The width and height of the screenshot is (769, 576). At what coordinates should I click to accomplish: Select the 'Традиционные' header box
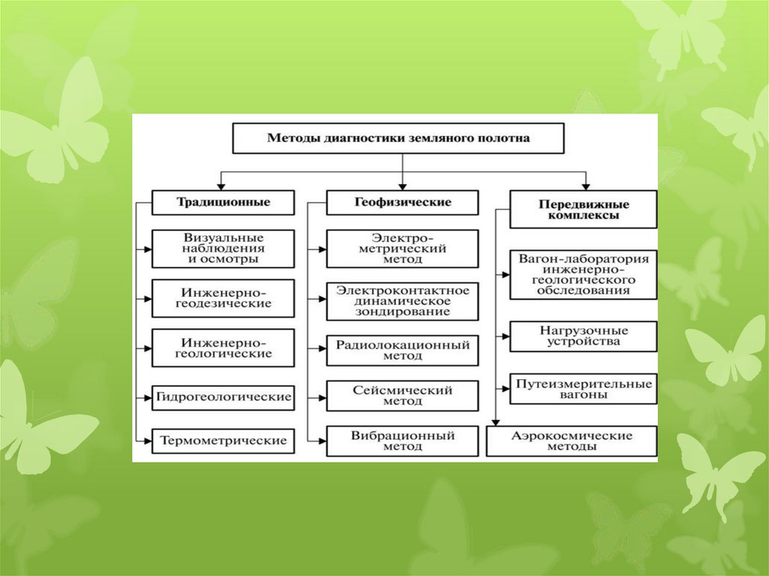pyautogui.click(x=223, y=203)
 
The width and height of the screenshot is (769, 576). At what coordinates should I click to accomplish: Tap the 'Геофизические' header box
pyautogui.click(x=403, y=203)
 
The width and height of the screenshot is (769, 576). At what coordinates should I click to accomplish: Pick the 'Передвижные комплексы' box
pyautogui.click(x=584, y=209)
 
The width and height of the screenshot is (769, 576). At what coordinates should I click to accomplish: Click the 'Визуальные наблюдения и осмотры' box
pyautogui.click(x=223, y=248)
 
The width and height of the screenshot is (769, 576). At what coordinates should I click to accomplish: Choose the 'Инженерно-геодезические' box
pyautogui.click(x=223, y=297)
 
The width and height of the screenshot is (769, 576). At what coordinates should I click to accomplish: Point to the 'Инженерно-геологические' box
pyautogui.click(x=223, y=347)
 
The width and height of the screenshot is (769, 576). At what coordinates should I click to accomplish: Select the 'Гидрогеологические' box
pyautogui.click(x=223, y=397)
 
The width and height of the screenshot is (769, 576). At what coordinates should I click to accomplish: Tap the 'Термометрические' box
pyautogui.click(x=223, y=441)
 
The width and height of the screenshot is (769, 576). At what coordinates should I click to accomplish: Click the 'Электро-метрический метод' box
pyautogui.click(x=403, y=249)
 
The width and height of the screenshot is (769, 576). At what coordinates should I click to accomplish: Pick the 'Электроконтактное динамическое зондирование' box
pyautogui.click(x=403, y=300)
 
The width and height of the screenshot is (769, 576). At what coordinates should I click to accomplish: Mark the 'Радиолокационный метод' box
pyautogui.click(x=403, y=351)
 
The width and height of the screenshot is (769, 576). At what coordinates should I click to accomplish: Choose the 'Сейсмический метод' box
pyautogui.click(x=403, y=396)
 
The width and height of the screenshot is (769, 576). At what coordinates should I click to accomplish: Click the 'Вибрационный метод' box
pyautogui.click(x=403, y=441)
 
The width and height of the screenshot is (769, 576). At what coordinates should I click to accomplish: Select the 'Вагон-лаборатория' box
pyautogui.click(x=584, y=274)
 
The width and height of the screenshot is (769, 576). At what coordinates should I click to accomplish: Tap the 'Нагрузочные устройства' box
pyautogui.click(x=584, y=336)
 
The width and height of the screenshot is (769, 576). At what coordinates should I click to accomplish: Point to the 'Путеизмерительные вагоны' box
pyautogui.click(x=584, y=389)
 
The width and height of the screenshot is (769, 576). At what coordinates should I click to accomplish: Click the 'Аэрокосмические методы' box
pyautogui.click(x=571, y=441)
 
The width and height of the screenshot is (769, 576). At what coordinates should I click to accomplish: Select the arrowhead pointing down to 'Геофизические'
pyautogui.click(x=403, y=185)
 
